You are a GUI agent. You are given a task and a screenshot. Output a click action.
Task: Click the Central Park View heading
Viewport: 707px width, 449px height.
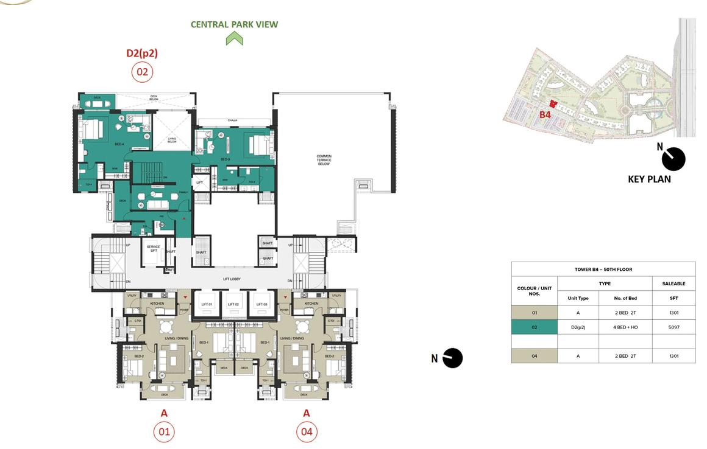(234, 24)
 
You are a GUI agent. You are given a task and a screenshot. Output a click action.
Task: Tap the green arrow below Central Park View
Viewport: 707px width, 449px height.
(234, 39)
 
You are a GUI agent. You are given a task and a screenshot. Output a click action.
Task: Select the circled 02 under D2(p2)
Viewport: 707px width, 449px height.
(142, 72)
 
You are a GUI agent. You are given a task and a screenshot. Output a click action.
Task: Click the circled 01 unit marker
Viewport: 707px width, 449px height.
(164, 432)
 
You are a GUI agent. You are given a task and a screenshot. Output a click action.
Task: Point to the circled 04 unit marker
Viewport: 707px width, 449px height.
(307, 432)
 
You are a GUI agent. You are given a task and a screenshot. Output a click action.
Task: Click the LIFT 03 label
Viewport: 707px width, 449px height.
(261, 304)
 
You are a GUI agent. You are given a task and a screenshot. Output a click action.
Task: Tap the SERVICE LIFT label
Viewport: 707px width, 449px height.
(153, 248)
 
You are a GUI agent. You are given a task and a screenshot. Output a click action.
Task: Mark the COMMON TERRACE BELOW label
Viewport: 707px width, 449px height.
(324, 160)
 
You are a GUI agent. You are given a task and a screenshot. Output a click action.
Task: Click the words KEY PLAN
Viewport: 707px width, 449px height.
(649, 179)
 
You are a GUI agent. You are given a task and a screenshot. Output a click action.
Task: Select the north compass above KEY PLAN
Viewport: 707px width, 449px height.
(673, 159)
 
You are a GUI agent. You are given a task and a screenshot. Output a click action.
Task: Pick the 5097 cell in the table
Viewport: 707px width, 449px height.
(673, 327)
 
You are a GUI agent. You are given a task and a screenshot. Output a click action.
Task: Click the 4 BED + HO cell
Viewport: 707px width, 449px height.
(625, 327)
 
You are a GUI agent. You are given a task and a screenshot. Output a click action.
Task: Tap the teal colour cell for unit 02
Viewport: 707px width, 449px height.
(534, 327)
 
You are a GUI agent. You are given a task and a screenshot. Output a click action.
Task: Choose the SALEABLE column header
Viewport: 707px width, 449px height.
(673, 284)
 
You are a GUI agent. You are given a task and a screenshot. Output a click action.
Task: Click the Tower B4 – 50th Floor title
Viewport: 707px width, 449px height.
(603, 269)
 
